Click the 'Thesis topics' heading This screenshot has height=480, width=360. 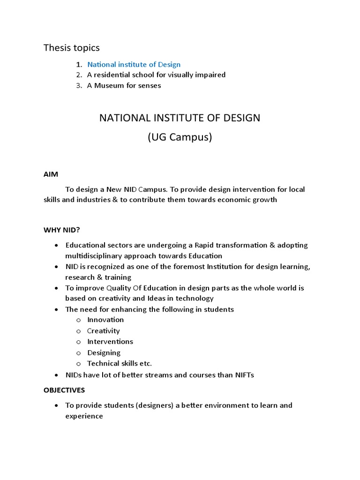point(71,47)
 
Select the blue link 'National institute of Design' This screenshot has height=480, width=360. point(134,64)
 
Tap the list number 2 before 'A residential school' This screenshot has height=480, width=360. point(79,75)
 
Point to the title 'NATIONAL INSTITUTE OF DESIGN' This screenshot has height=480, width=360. point(180,118)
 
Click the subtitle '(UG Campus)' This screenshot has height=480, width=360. point(180,138)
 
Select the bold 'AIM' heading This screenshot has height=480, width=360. point(51,174)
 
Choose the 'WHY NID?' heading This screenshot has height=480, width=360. point(62,230)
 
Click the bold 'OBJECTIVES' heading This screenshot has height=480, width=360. point(64,390)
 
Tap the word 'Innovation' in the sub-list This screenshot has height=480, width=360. point(105,320)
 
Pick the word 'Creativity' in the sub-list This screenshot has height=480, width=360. point(104,330)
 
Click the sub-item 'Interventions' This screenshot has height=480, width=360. point(110,341)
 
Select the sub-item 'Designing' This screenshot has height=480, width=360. point(104,352)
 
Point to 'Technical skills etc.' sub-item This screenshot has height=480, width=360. point(120,363)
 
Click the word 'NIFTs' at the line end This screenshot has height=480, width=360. point(243,375)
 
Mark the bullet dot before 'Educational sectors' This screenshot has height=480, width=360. point(56,245)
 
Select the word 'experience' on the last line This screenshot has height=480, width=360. point(84,416)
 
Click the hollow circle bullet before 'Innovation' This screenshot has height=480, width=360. point(79,320)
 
